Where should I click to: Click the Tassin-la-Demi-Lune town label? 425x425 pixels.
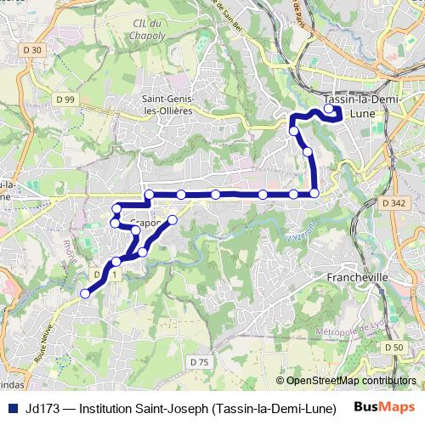pyautogui.click(x=356, y=105)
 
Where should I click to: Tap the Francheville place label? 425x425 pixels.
pyautogui.click(x=357, y=277)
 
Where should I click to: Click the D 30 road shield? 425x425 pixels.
pyautogui.click(x=33, y=50)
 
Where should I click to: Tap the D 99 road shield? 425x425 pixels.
pyautogui.click(x=65, y=99)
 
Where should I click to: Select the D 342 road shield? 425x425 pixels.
pyautogui.click(x=394, y=203)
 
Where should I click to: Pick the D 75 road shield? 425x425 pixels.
pyautogui.click(x=200, y=362)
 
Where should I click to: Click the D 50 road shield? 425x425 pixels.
pyautogui.click(x=394, y=348)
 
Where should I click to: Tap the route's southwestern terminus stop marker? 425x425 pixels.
pyautogui.click(x=84, y=293)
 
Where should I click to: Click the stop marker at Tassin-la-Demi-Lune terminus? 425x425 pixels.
pyautogui.click(x=329, y=109)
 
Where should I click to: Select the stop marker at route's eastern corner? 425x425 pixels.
pyautogui.click(x=314, y=194)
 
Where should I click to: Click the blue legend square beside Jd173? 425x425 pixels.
pyautogui.click(x=12, y=405)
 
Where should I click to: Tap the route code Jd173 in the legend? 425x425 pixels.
pyautogui.click(x=43, y=405)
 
